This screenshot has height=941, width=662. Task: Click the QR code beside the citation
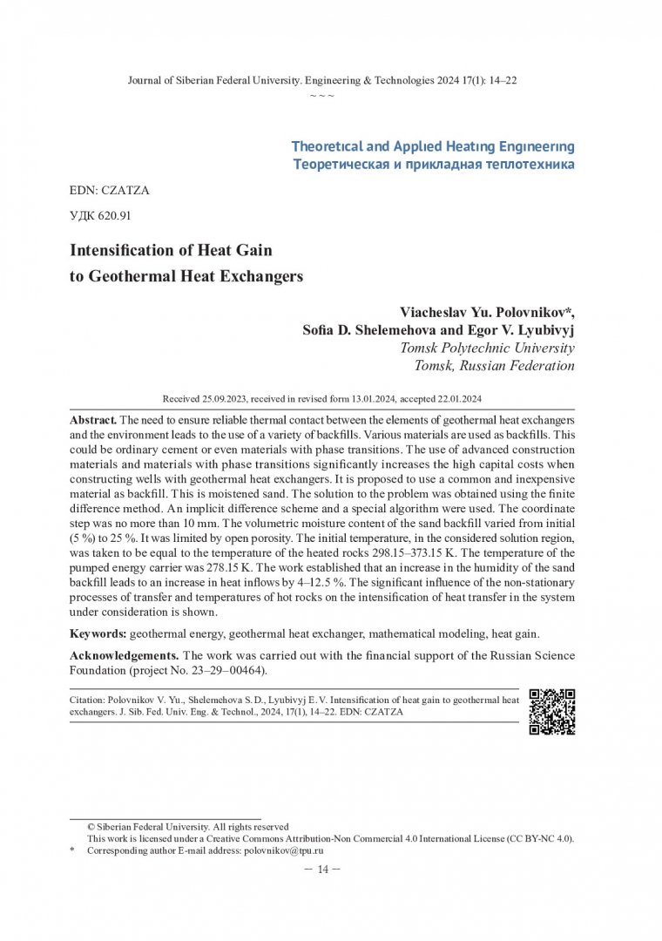(x=552, y=712)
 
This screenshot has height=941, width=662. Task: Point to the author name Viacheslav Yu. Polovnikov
(x=486, y=312)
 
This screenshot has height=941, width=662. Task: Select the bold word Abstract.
(x=93, y=419)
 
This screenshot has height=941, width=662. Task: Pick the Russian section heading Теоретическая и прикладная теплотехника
(x=434, y=165)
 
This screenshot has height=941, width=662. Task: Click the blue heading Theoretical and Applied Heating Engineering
(x=433, y=146)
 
